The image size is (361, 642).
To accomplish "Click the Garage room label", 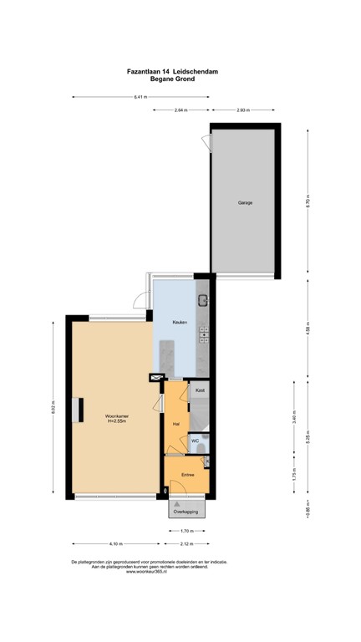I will [244, 203].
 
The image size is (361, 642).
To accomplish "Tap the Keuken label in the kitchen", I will [180, 323].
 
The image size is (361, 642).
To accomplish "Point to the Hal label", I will [176, 425].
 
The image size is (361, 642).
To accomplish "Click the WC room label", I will [195, 440].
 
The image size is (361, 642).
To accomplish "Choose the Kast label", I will [200, 390].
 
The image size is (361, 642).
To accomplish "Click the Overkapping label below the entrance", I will [186, 511].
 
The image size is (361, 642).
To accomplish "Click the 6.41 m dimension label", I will [140, 98].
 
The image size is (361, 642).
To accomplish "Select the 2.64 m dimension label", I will [181, 110].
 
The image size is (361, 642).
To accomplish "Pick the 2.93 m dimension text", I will [243, 110].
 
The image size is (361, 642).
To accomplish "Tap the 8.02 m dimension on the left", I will [53, 409].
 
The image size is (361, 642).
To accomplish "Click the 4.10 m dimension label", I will [114, 543].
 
